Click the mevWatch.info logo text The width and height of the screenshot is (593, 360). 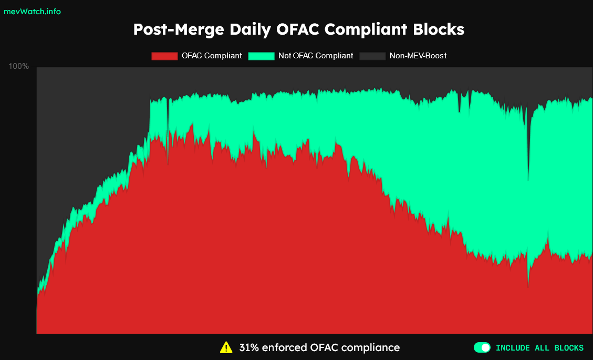32,12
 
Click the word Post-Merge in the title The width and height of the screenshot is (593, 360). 179,29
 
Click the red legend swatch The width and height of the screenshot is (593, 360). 164,56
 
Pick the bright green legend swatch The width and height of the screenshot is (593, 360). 261,56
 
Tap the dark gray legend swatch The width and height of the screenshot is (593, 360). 372,56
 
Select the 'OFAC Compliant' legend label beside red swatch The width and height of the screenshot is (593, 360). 212,56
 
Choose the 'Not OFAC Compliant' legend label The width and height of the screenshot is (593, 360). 316,56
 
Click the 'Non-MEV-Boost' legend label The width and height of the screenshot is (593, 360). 418,56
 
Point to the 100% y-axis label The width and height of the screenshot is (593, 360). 19,66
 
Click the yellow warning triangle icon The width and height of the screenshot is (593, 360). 226,347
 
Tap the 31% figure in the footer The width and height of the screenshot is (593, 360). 249,347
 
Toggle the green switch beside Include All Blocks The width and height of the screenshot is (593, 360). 482,347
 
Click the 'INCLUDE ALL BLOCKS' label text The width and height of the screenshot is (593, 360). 539,348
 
